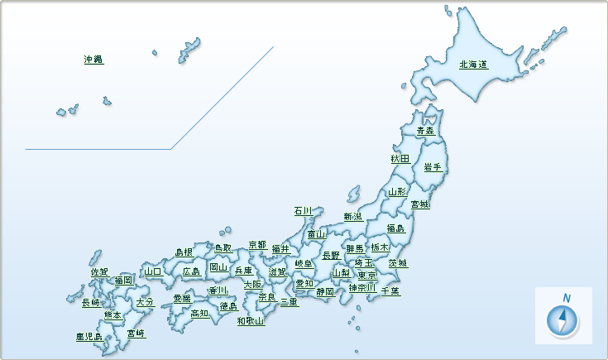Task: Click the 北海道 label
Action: coord(472,65)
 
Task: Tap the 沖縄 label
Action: coord(93,60)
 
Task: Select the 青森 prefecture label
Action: coord(425,131)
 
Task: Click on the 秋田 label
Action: coord(400,158)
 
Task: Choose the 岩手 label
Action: coord(432,167)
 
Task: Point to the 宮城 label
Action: coord(420,204)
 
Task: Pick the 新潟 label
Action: coord(352,216)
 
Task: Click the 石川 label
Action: coord(303,211)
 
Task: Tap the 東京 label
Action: coord(367,275)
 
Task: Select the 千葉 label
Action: coord(390,290)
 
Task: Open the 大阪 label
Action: coord(252,285)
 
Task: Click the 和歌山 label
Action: coord(251,320)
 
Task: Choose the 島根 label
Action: coord(184,252)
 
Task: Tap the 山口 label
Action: coord(153,271)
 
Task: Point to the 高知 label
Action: coord(199,313)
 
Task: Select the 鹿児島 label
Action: coord(89,337)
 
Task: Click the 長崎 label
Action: coord(91,303)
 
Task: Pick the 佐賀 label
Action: coord(99,271)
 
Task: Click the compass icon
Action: coord(563,322)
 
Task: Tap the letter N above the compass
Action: coord(567,298)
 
